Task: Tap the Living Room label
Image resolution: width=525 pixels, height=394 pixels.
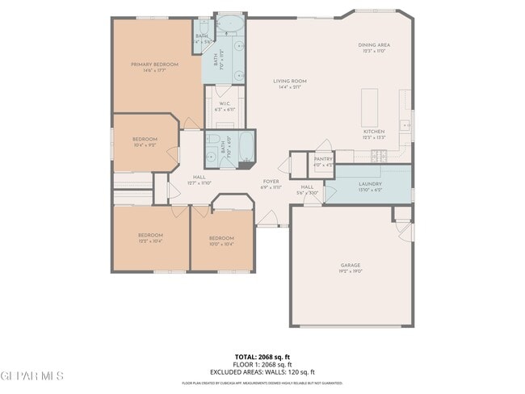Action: click(x=289, y=83)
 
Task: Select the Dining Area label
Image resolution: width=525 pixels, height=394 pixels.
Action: click(x=374, y=48)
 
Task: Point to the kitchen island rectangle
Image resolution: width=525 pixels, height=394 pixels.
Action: click(x=370, y=104)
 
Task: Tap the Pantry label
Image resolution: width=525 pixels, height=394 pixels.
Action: click(x=323, y=162)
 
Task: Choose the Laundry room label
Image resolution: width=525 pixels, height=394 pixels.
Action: click(x=370, y=186)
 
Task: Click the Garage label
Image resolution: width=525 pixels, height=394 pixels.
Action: click(x=351, y=268)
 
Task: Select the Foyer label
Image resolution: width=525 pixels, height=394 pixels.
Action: click(x=271, y=184)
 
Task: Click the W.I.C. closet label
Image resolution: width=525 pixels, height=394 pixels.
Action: click(x=225, y=105)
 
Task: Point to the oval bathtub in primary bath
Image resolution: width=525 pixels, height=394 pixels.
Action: click(x=231, y=23)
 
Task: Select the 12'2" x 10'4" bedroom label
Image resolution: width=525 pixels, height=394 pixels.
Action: click(x=150, y=238)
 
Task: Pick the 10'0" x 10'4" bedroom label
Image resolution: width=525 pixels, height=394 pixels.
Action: click(x=221, y=241)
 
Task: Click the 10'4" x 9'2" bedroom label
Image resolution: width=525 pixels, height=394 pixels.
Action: click(x=145, y=142)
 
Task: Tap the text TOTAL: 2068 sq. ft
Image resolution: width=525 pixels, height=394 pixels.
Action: click(x=262, y=356)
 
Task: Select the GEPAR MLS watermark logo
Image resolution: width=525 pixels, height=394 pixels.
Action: click(x=32, y=375)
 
